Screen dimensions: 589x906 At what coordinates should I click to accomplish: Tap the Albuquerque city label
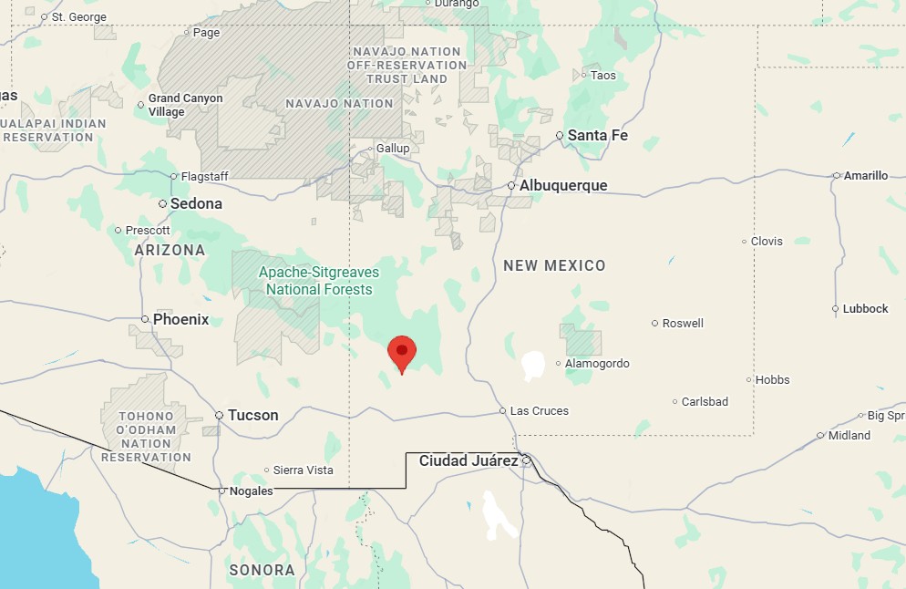(562, 186)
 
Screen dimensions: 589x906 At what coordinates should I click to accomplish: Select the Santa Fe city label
(597, 136)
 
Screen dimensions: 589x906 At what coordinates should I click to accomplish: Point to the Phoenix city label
(180, 320)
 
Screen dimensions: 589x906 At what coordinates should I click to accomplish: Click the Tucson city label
(252, 416)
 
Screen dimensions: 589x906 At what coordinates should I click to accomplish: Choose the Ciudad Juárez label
(468, 461)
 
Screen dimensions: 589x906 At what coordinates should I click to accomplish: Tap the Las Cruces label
(539, 411)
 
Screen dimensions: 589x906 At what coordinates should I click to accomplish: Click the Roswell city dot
(655, 324)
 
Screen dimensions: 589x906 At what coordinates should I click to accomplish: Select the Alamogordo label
(597, 364)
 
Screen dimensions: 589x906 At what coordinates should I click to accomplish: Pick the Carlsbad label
(705, 402)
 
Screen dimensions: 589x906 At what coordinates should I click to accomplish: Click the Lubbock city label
(865, 309)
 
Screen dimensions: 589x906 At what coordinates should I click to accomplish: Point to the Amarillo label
(865, 176)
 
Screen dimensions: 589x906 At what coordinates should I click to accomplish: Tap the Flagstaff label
(204, 177)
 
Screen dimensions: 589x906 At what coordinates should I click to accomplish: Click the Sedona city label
(196, 204)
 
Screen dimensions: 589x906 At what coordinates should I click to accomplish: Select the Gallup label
(394, 149)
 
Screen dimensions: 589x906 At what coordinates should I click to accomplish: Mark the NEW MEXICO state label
(554, 266)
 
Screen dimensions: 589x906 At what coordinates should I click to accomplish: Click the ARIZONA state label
(170, 250)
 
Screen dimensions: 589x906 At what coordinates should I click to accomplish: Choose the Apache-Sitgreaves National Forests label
(319, 281)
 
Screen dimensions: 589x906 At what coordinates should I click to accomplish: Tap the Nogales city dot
(221, 491)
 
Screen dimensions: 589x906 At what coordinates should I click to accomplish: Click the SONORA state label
(262, 571)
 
